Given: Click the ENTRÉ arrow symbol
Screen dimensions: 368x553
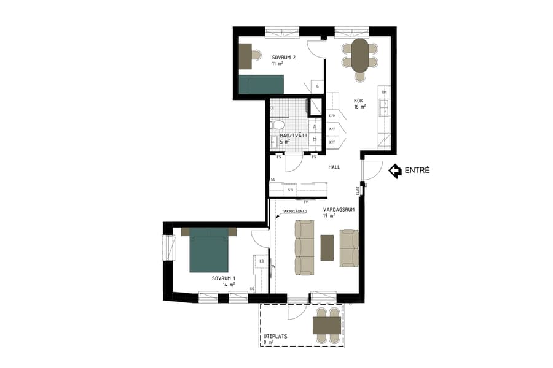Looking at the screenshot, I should pos(395,171).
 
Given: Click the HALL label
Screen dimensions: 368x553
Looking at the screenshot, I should pos(334,167).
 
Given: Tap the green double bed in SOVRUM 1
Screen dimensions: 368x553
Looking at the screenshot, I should pos(209,250).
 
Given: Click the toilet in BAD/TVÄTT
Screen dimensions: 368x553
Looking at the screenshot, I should pos(278,126).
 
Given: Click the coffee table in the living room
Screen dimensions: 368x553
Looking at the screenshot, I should pos(327,247).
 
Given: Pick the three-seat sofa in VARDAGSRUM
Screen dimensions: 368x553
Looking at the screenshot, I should pos(305,248).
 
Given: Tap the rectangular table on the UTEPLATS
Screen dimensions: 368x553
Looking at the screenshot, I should pos(327,326).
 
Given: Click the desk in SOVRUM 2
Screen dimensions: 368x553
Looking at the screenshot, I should pos(246,56).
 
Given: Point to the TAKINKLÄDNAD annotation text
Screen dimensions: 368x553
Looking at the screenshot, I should pos(294,212).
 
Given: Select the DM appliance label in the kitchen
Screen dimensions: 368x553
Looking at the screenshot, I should pos(384,92).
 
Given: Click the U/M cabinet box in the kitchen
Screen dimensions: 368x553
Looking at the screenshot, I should pos(332,115).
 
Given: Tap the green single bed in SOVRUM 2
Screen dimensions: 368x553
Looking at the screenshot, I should pos(261,84).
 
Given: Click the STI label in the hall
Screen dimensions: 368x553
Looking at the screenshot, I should pos(290,190).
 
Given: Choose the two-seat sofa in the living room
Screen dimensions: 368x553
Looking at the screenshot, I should pos(349,248).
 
